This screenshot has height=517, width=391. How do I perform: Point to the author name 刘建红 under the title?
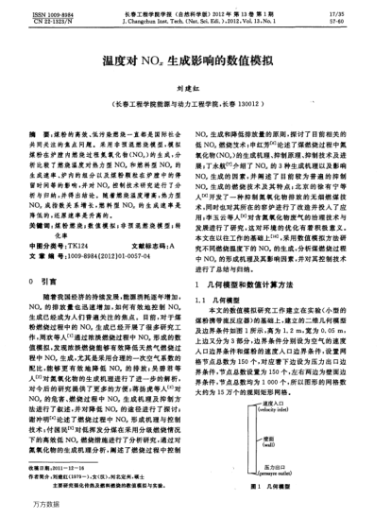pyautogui.click(x=195, y=83)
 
